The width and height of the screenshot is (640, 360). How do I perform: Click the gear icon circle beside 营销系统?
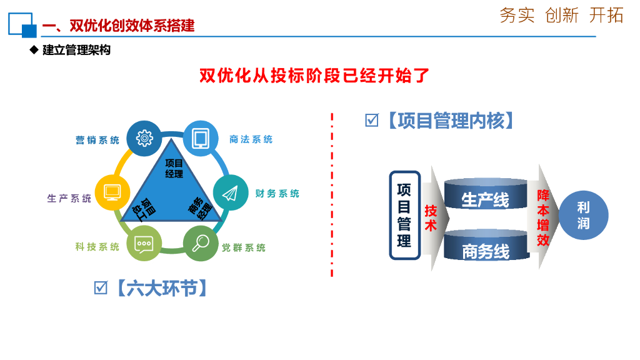144,138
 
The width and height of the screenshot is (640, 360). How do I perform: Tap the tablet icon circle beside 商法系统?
200,138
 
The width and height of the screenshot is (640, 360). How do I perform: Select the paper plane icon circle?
231,191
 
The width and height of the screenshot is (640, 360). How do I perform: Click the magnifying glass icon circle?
201,244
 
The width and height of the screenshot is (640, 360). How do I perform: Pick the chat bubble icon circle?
144,244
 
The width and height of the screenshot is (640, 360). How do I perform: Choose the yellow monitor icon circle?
112,191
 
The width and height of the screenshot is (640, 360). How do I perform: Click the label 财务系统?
277,194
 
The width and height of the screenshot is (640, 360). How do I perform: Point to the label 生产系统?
69,199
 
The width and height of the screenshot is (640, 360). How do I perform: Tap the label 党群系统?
244,247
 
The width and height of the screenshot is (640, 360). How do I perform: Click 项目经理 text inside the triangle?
174,169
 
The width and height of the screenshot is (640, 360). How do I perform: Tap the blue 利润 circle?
583,216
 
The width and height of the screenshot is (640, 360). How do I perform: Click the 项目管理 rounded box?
404,215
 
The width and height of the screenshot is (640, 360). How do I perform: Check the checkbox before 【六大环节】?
101,287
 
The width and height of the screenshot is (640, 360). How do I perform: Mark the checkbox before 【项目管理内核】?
372,121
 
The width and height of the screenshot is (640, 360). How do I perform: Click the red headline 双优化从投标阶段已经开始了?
314,76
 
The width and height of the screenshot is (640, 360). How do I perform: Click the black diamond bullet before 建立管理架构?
34,50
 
